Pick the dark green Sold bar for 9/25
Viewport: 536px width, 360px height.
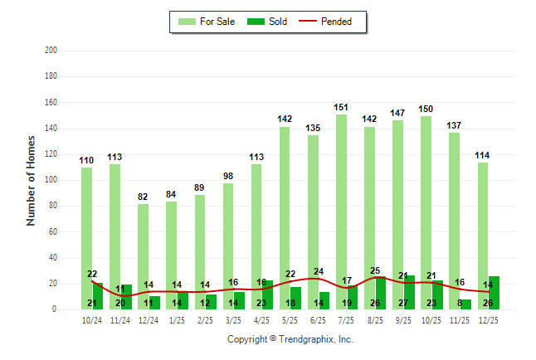pyautogui.click(x=409, y=293)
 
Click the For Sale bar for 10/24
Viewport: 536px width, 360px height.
pyautogui.click(x=86, y=232)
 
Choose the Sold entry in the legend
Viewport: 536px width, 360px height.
pyautogui.click(x=268, y=22)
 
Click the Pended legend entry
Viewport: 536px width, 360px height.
pyautogui.click(x=331, y=22)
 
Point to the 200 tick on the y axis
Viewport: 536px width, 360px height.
pyautogui.click(x=51, y=51)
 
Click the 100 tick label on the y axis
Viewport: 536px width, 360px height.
pyautogui.click(x=51, y=180)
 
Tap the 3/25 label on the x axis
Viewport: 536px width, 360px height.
pyautogui.click(x=233, y=319)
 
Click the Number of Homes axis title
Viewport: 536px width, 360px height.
pyautogui.click(x=31, y=180)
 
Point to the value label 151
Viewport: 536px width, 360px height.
pyautogui.click(x=341, y=107)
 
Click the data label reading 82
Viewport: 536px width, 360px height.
pyautogui.click(x=143, y=197)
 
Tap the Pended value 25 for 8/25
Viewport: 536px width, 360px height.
pyautogui.click(x=375, y=270)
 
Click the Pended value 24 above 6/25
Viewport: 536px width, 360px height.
pyautogui.click(x=319, y=272)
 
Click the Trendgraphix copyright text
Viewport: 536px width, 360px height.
pyautogui.click(x=290, y=339)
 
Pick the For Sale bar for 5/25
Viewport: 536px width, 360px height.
pyautogui.click(x=285, y=216)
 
